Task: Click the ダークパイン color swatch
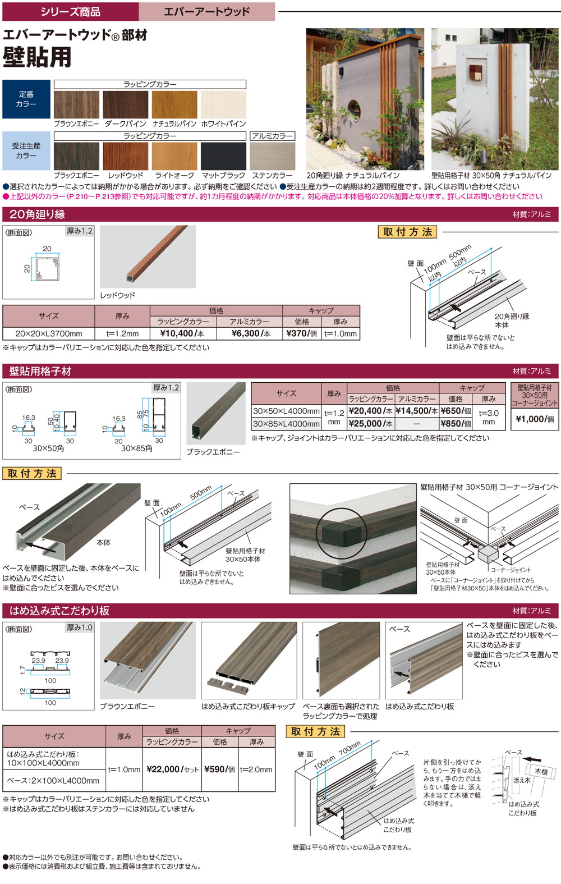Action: pos(126,104)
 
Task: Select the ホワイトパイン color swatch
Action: pos(223,104)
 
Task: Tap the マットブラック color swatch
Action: pos(223,156)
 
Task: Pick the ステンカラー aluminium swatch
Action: pos(272,156)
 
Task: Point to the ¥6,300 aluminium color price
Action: pos(249,333)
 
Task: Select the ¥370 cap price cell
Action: pos(302,333)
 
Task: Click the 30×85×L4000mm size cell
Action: pos(287,423)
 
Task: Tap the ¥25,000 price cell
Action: pos(370,423)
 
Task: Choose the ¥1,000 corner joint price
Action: pos(535,419)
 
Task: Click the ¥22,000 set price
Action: pos(172,769)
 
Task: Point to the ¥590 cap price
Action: pos(220,769)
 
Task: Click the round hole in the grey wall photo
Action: pos(354,109)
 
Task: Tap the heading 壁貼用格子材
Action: pos(40,372)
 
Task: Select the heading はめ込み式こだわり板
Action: pos(59,611)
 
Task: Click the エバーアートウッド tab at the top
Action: pos(206,11)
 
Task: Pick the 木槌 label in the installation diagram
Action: pos(541,772)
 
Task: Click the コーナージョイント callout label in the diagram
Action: pos(511,570)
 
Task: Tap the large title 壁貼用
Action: pos(37,57)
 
